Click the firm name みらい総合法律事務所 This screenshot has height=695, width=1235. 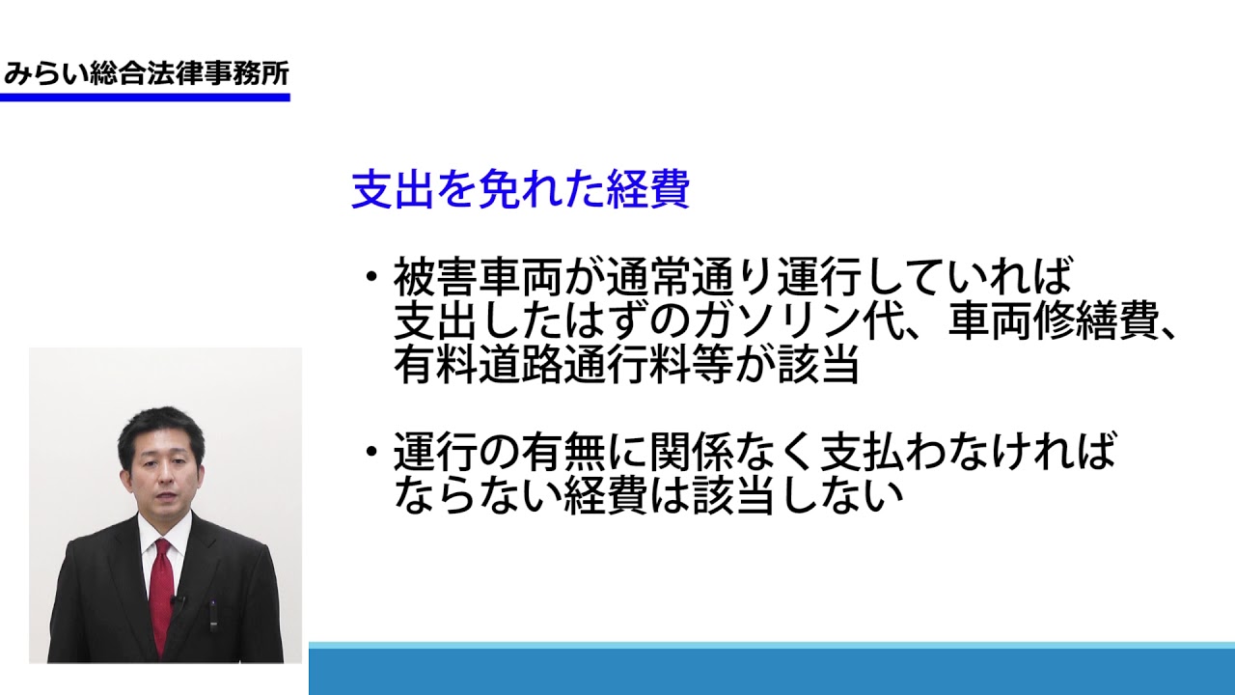point(146,74)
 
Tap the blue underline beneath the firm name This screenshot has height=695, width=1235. point(145,97)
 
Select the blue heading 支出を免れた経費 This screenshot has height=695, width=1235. point(520,189)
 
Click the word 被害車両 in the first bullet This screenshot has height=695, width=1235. point(478,277)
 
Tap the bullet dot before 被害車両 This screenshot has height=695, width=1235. point(372,275)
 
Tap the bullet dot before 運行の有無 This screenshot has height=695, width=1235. point(372,452)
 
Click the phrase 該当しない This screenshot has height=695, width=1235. point(798,495)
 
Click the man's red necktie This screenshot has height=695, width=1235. point(161,596)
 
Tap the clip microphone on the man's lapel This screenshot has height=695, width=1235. point(177,600)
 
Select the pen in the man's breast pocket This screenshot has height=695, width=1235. point(213,615)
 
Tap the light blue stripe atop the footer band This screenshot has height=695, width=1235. point(772,645)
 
